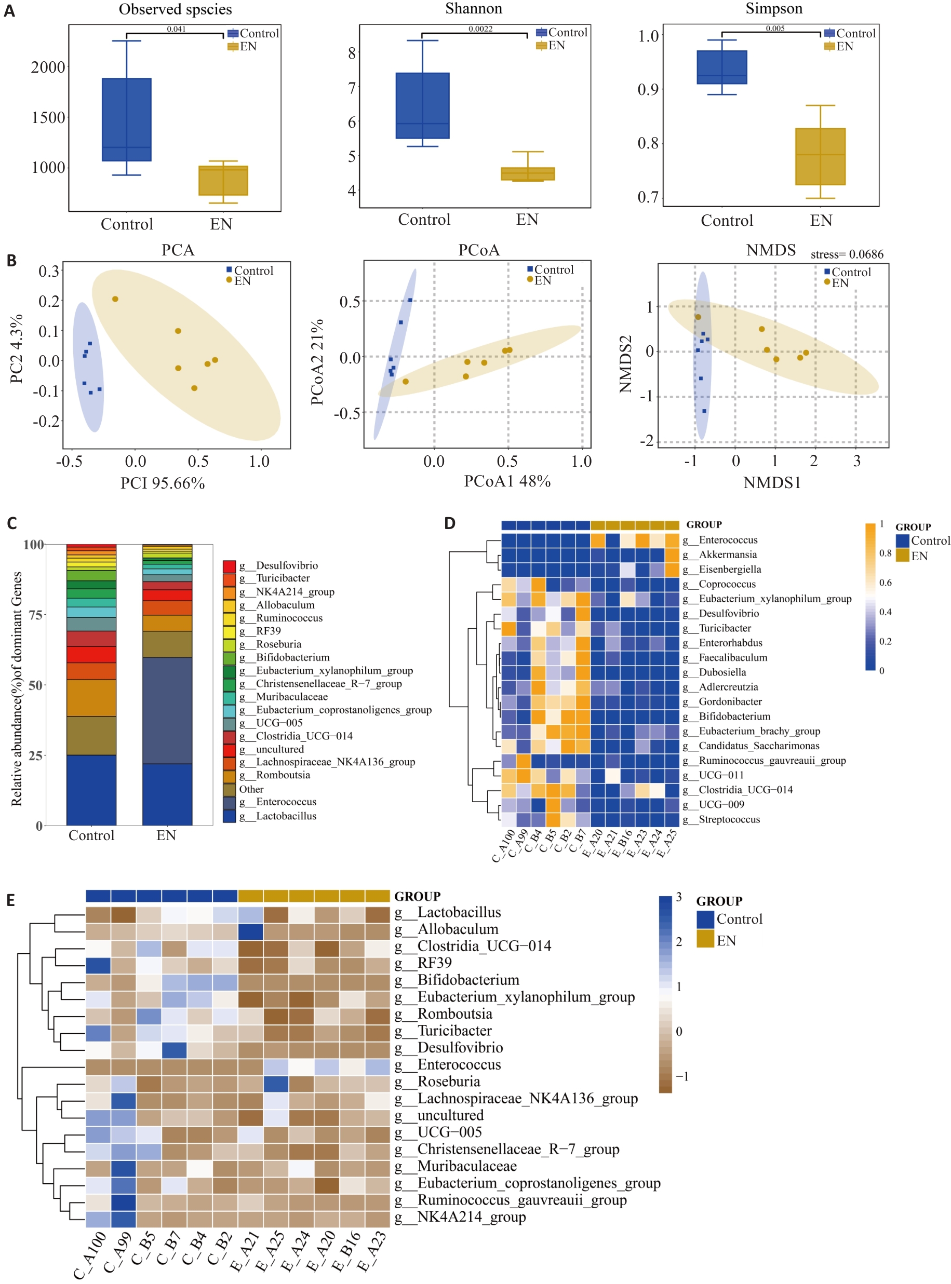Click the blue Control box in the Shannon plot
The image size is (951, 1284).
[423, 105]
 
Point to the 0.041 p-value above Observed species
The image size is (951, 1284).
[176, 29]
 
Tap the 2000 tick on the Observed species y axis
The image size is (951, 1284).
[48, 67]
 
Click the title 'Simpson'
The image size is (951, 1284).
[773, 9]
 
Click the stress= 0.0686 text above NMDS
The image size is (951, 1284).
[846, 254]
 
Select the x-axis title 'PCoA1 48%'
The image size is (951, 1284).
[507, 481]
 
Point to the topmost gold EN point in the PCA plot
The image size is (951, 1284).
[115, 299]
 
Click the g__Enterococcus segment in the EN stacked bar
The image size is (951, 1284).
[167, 710]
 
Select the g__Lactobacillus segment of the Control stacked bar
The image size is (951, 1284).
[91, 790]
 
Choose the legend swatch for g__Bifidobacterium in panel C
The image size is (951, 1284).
[229, 658]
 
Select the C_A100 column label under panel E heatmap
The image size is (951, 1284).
[91, 1254]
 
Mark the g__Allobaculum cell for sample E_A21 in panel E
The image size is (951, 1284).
[250, 929]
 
